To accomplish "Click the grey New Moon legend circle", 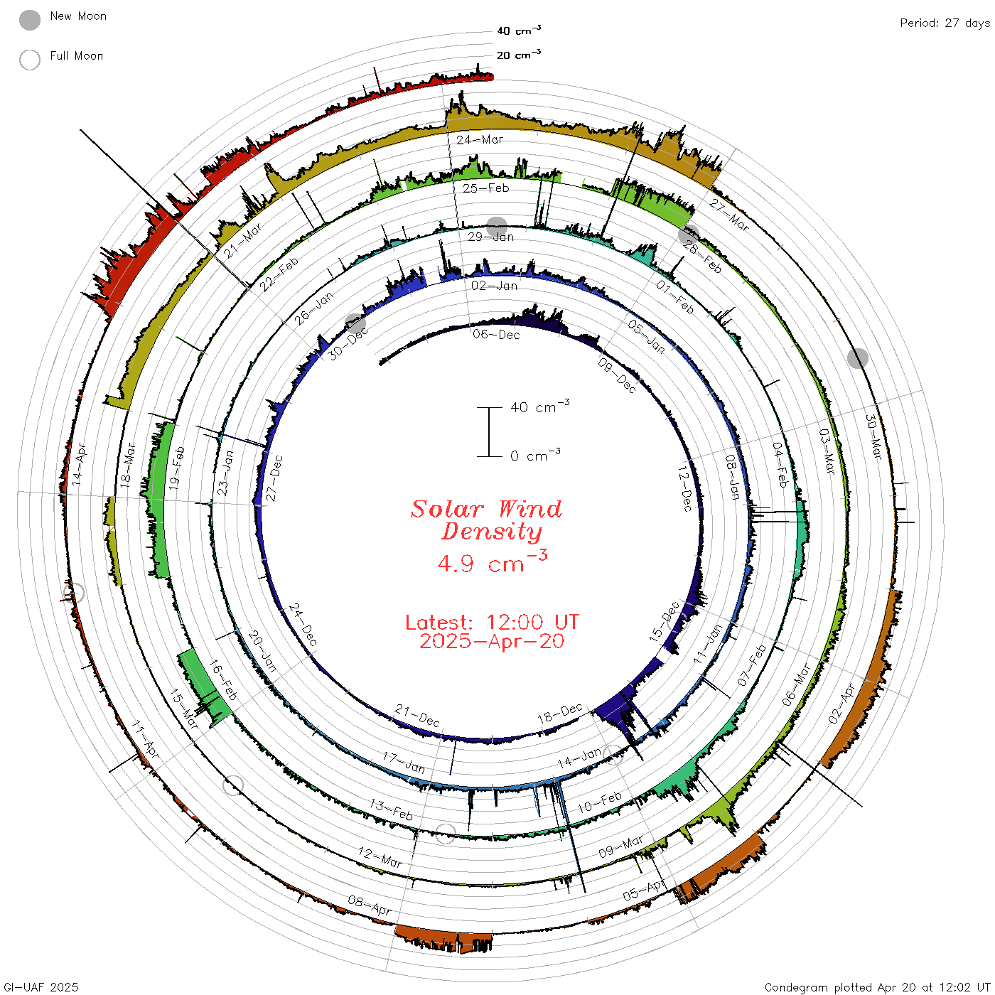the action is click(x=30, y=20).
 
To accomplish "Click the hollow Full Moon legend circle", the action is click(x=30, y=60).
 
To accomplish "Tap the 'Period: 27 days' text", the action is click(x=945, y=23).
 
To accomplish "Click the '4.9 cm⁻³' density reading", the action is click(x=492, y=562).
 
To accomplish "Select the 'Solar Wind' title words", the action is click(x=486, y=509).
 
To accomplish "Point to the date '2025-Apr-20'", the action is click(x=492, y=641).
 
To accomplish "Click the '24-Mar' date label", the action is click(x=479, y=139).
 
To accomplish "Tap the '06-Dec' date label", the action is click(x=496, y=335).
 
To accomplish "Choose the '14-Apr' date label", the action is click(x=79, y=464).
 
